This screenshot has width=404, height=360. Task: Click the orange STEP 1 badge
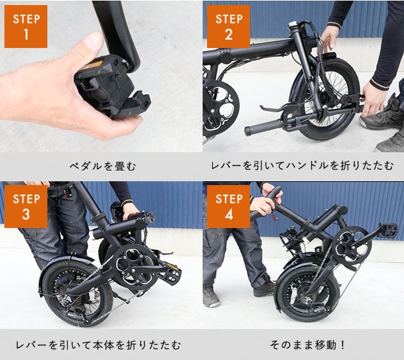point(26,27)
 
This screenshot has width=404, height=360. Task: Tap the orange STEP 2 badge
point(229,27)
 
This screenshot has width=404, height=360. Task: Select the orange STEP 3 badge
point(26,207)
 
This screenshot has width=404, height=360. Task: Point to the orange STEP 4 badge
point(229,207)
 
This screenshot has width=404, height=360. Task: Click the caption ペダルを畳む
point(102,166)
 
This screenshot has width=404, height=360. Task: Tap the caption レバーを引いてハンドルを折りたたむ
point(302,166)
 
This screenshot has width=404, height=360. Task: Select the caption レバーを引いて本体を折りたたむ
point(98,345)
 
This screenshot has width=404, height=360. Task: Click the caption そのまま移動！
point(307,345)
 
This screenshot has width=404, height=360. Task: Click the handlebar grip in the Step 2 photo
point(263,127)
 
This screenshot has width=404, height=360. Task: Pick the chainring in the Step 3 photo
point(134,266)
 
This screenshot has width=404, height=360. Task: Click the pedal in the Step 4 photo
point(388,230)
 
